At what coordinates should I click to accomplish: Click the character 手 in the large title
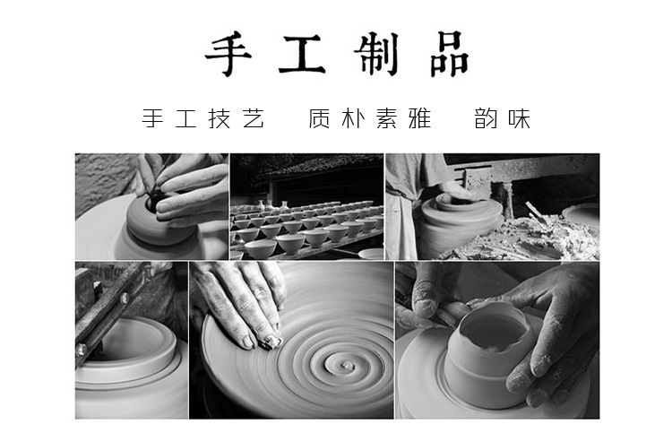point(228,55)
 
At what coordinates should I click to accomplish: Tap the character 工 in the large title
point(302,55)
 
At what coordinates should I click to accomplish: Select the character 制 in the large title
point(376,55)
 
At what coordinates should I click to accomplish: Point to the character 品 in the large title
point(449,55)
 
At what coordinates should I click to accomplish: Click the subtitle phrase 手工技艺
point(203,118)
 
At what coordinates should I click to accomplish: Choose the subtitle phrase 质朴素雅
point(369,118)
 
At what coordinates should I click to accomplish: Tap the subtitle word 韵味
point(503,118)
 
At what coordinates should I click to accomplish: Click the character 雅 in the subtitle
point(419,118)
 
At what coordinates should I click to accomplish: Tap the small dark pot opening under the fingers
point(154,201)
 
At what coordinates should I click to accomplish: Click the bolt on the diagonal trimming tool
point(125,297)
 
